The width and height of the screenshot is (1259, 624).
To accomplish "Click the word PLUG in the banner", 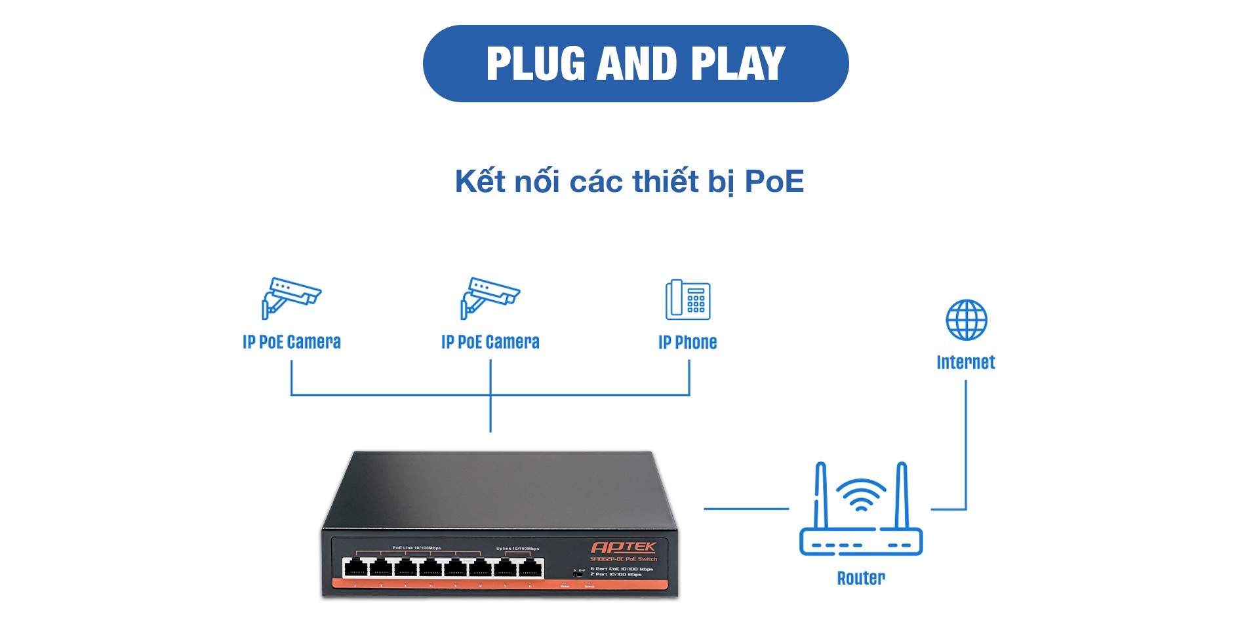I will point(536,64).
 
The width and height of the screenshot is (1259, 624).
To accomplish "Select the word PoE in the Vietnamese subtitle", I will point(774,182).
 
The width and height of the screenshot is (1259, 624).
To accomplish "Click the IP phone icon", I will point(688,300).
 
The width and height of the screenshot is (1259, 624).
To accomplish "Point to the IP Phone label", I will point(687,342).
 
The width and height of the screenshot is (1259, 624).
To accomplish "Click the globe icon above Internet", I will point(966,320).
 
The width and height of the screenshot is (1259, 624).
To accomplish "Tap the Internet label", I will point(965,362).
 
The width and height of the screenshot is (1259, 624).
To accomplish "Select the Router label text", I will point(860,577).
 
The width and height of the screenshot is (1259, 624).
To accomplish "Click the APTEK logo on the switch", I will point(623,547).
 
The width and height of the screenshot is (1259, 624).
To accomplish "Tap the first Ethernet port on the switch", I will point(355,568).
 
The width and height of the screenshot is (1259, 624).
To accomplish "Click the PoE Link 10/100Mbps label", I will point(416,547).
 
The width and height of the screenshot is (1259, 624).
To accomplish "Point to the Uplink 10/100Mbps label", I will point(517,548).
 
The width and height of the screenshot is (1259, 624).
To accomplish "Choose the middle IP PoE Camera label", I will point(490,342).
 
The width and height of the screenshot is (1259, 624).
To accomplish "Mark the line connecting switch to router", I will point(746,508).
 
